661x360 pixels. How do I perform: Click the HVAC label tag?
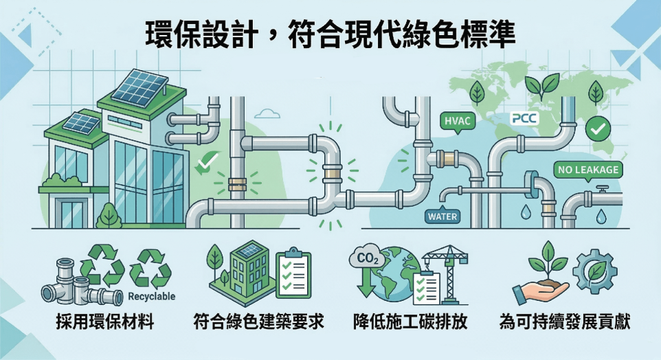(457, 121)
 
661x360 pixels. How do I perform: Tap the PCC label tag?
(524, 118)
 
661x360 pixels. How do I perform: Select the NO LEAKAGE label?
(587, 170)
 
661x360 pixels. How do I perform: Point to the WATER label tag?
(442, 216)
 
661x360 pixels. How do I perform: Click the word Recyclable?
(152, 296)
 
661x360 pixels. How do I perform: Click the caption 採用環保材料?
(105, 322)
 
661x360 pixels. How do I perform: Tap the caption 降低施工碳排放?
(410, 322)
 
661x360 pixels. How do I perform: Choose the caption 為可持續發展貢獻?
(565, 322)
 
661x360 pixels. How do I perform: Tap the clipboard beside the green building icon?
(293, 273)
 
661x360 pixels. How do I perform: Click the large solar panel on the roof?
(140, 85)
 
